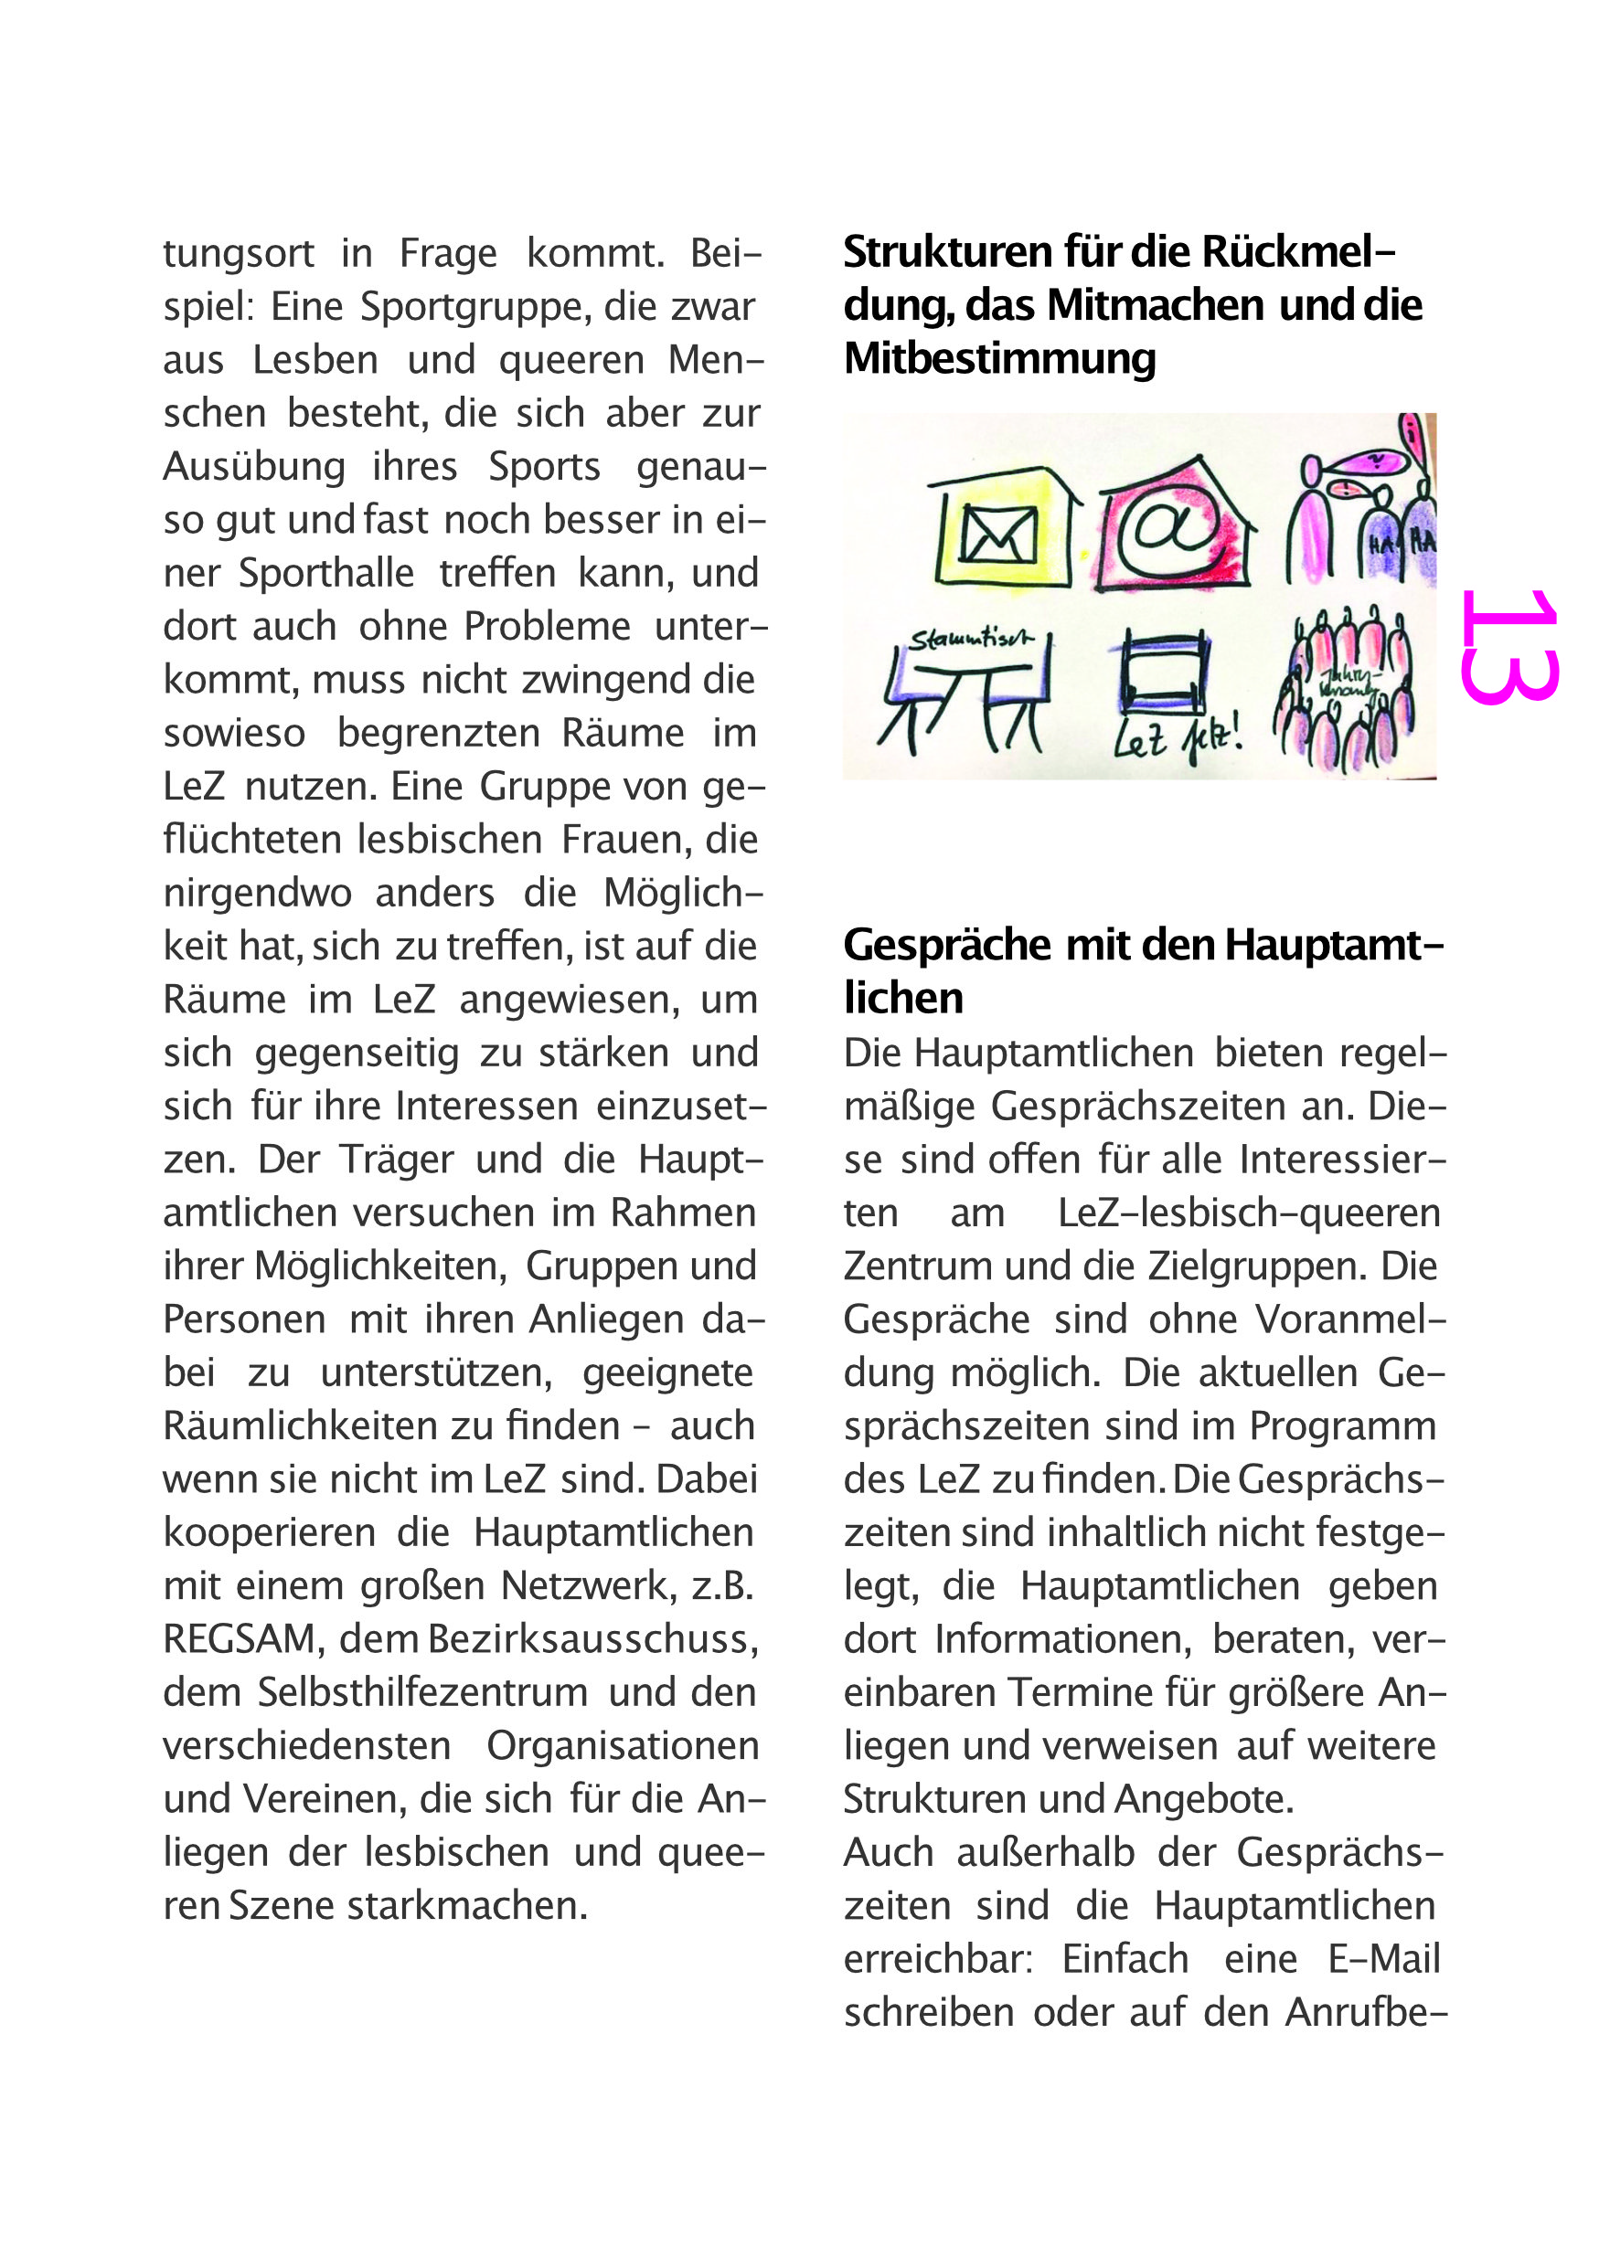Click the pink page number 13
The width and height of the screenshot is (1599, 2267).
click(1509, 647)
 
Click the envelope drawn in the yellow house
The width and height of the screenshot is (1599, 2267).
click(998, 535)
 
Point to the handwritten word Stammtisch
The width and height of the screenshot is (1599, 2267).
click(970, 639)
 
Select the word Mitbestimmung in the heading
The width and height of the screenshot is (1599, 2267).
click(999, 358)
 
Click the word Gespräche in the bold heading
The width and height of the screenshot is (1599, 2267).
click(946, 946)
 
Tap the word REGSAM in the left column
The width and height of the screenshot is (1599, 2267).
click(238, 1640)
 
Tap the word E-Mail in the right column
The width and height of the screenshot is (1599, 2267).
click(1383, 1960)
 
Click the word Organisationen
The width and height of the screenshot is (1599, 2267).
click(623, 1747)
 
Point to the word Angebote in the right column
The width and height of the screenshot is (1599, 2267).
click(1203, 1800)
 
